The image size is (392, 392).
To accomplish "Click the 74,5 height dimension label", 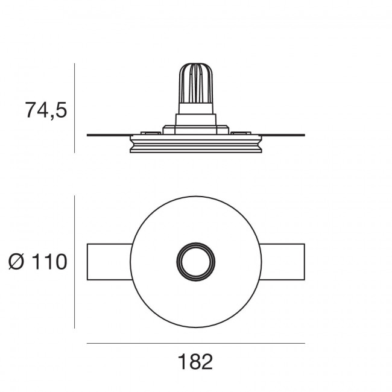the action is [46, 110].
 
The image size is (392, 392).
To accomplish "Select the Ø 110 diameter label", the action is [38, 262].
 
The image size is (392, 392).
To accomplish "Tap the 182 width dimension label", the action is [195, 361].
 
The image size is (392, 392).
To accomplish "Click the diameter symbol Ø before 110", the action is [16, 262].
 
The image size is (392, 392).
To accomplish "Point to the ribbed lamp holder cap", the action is [196, 83].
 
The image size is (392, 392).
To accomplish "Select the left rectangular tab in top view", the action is [110, 262].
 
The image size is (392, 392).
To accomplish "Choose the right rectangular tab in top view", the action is [282, 262].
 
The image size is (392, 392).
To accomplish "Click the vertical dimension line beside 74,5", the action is [75, 108].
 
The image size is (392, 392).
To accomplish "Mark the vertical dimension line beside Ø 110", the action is [75, 262].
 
